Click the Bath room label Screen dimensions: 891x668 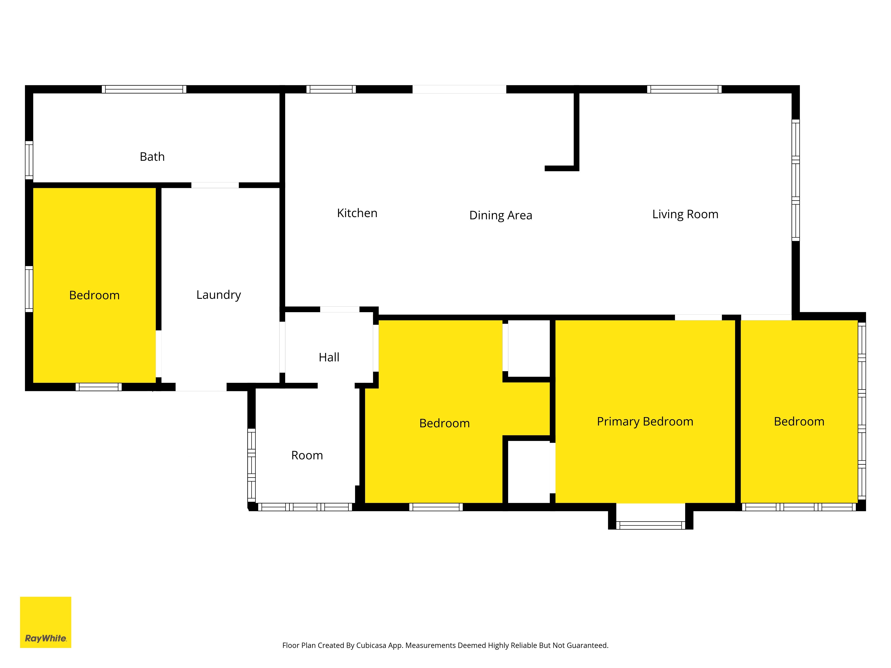click(152, 157)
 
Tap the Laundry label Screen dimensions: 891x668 click(219, 295)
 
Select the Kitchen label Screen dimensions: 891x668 click(357, 213)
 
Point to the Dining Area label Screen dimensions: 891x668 click(501, 215)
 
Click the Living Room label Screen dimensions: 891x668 click(685, 214)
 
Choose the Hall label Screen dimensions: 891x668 click(329, 357)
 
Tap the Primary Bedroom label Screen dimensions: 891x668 click(645, 422)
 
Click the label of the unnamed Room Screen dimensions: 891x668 click(307, 455)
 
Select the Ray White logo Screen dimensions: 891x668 click(45, 622)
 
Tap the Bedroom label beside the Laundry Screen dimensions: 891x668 click(94, 295)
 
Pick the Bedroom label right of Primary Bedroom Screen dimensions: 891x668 click(799, 422)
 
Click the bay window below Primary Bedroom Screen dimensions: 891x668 click(650, 525)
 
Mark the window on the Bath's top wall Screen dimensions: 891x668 click(144, 89)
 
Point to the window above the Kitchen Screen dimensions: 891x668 click(331, 89)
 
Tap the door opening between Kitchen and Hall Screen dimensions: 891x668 click(339, 309)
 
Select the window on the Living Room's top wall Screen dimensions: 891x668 click(684, 89)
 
